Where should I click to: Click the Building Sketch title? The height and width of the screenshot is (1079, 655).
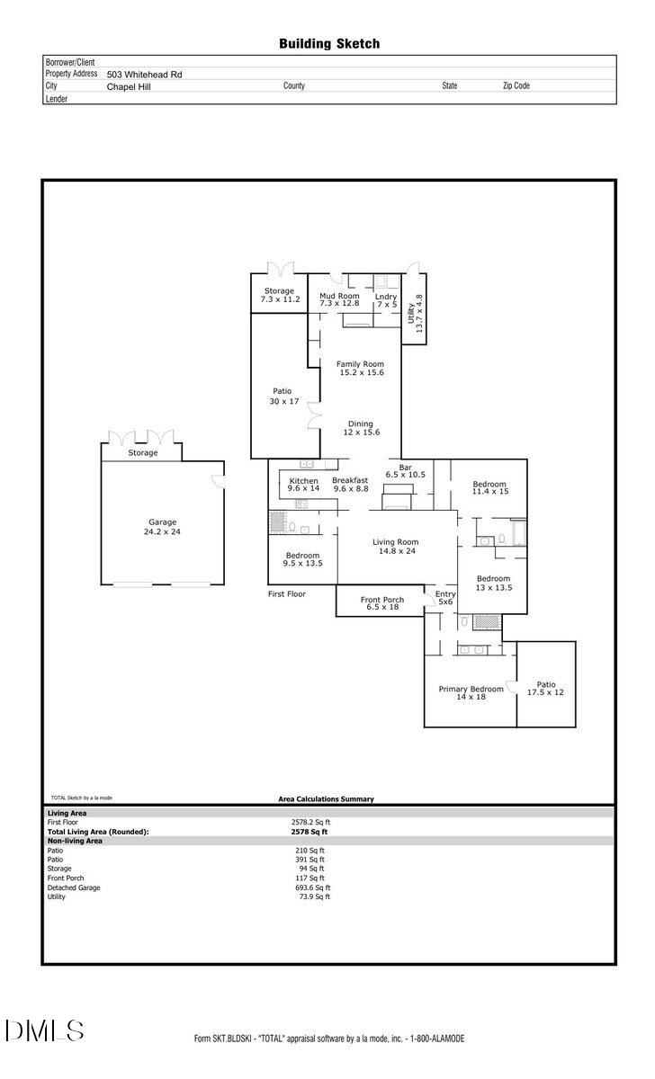tap(328, 43)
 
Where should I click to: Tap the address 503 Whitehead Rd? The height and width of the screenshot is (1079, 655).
tap(144, 75)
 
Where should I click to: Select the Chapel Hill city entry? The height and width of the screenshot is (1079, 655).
tap(129, 87)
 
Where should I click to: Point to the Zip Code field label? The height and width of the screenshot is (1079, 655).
tap(516, 86)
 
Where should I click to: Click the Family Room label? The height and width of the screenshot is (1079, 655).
tap(361, 368)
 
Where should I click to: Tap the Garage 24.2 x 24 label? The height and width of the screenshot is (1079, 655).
tap(162, 527)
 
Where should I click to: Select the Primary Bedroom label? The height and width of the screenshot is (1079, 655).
tap(471, 692)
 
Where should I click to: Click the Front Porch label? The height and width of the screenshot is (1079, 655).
tap(382, 603)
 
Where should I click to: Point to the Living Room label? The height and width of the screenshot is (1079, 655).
tap(396, 547)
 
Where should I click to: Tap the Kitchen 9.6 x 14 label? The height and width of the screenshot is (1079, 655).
tap(303, 486)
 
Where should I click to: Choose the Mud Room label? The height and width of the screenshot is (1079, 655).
tap(339, 299)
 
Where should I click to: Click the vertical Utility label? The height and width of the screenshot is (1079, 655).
tap(414, 314)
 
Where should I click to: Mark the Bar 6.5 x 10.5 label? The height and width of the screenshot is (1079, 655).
tap(405, 470)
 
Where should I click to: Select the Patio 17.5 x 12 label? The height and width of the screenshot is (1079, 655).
tap(545, 688)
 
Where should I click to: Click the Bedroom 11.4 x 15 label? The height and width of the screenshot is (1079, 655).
tap(490, 488)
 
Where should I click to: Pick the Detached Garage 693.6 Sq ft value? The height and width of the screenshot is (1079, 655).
tap(313, 887)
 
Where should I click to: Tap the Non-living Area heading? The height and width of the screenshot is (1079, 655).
tap(75, 841)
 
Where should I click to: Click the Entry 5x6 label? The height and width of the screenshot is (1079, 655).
tap(445, 598)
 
